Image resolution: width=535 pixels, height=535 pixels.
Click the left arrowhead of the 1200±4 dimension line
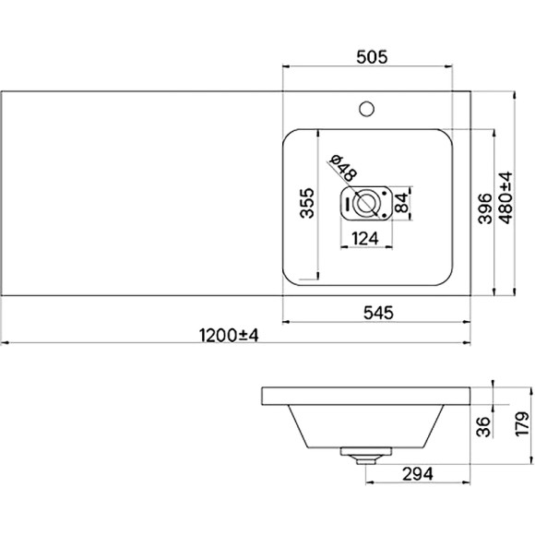(5, 343)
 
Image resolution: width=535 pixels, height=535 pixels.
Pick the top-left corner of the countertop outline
(2, 92)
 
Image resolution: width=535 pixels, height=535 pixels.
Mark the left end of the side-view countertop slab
(263, 397)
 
